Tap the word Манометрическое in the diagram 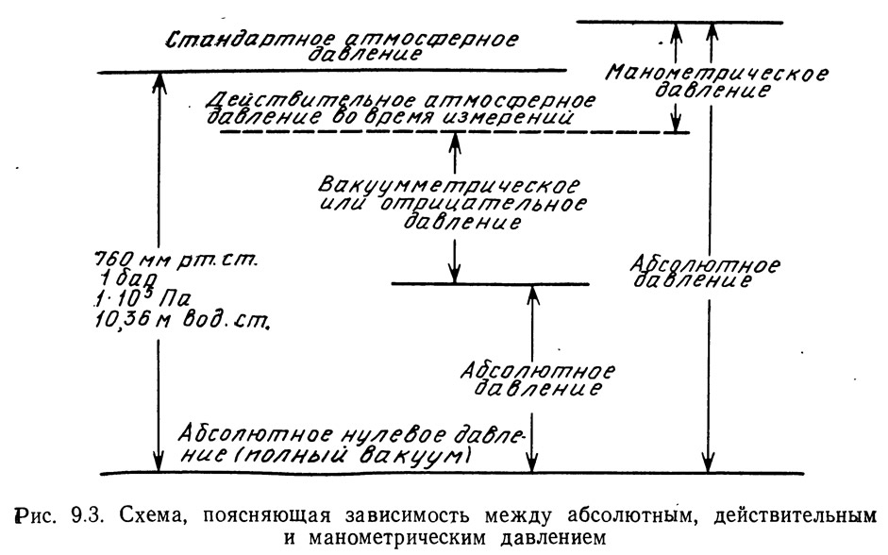(x=717, y=73)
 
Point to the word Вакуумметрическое (x=448, y=185)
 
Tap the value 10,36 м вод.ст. (x=182, y=321)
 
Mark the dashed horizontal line (x=454, y=132)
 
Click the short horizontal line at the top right (x=679, y=23)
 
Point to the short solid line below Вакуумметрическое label (x=491, y=283)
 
